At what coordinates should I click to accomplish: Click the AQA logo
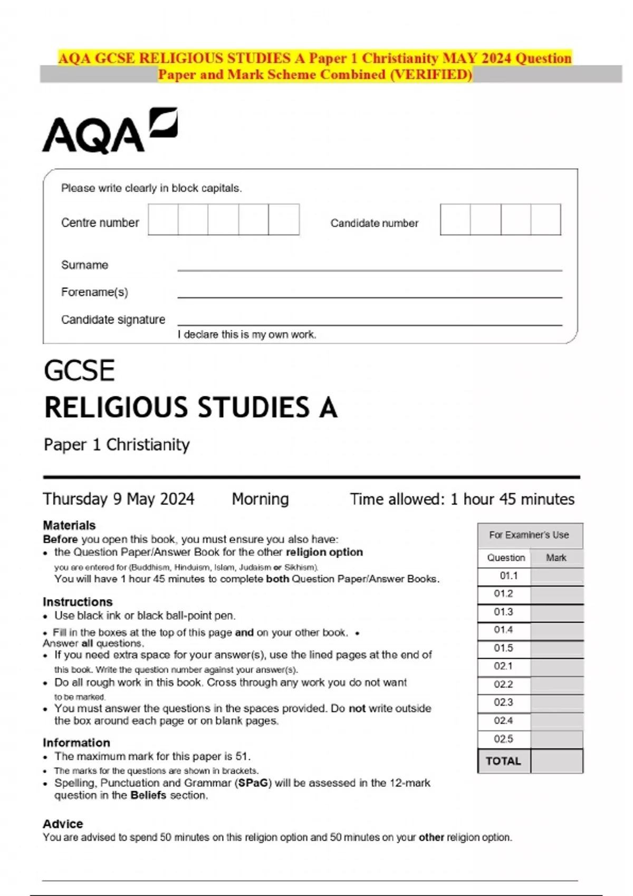109,131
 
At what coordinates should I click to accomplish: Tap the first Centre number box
163,219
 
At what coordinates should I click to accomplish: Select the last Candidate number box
545,219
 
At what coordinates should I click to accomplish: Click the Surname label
84,265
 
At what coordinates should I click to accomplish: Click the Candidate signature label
113,319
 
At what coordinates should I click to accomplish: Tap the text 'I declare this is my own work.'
247,334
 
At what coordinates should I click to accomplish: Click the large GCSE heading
79,370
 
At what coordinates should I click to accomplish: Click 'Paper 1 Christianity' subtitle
117,444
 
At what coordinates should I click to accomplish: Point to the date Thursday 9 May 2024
119,499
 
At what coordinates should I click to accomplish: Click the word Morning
260,499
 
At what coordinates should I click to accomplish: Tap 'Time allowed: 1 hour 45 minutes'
462,499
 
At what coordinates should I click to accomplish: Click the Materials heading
69,525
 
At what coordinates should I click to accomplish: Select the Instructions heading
78,601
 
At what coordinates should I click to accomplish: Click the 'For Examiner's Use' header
529,535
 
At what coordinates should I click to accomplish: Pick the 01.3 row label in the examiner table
503,612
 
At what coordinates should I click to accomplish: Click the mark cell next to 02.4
557,720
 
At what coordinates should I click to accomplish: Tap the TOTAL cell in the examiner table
503,761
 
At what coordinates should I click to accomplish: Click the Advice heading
63,823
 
